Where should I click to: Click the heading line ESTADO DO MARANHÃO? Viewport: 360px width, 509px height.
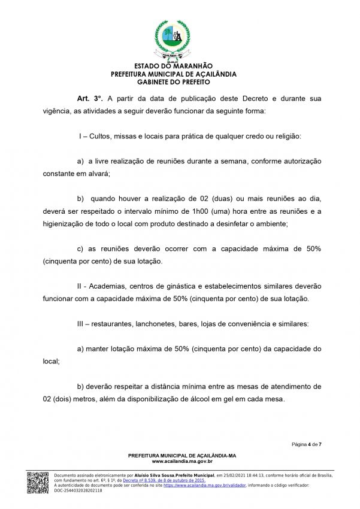click(x=174, y=66)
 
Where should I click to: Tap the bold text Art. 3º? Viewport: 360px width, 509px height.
click(x=90, y=98)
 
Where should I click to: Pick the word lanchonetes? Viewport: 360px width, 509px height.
click(x=169, y=323)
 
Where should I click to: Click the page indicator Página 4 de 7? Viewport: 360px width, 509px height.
click(x=307, y=444)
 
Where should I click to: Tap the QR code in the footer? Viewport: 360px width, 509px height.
click(x=38, y=483)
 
